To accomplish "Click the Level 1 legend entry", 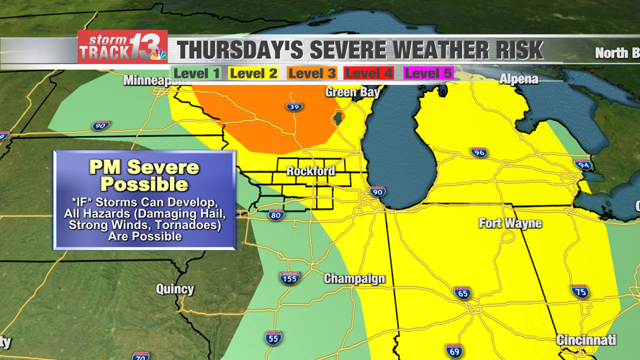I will [197, 73].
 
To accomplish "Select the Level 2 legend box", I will [254, 73].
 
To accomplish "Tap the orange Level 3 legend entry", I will [312, 73].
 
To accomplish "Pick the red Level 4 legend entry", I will [369, 73].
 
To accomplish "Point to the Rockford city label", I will [310, 171].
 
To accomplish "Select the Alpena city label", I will [518, 79].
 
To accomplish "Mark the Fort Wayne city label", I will [510, 223].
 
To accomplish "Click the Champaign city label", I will [354, 279].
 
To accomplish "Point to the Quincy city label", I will [175, 289].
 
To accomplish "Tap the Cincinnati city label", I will [586, 340].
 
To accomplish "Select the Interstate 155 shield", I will [289, 278].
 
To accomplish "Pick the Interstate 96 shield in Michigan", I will [479, 153].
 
